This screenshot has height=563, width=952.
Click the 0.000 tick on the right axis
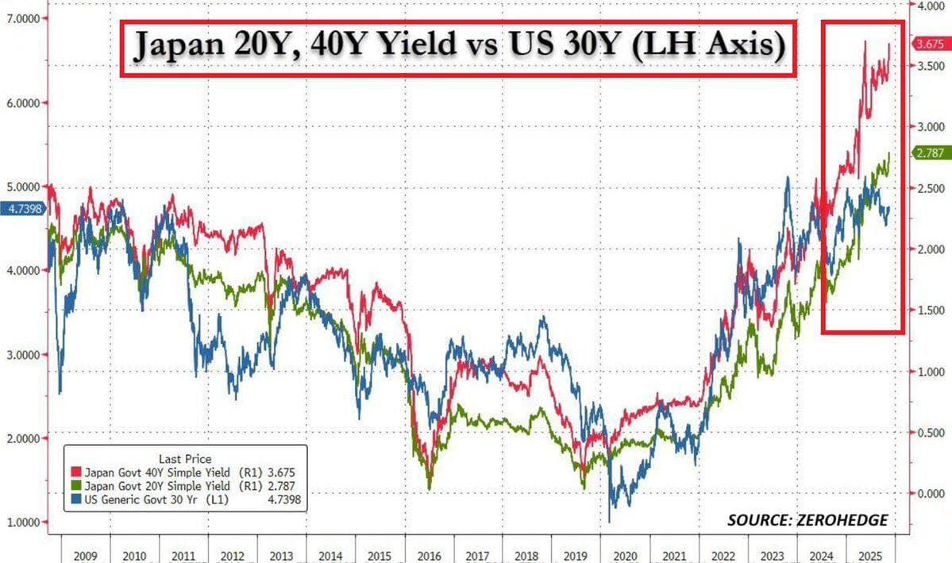(x=926, y=494)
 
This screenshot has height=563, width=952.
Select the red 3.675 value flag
(x=927, y=44)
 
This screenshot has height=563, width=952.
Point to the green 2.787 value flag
(x=927, y=153)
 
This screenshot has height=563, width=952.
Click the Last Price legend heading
(x=184, y=458)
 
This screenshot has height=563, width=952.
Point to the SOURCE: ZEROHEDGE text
(x=807, y=520)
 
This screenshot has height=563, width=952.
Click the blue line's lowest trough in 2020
(x=610, y=521)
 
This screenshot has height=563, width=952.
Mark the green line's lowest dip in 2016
(x=430, y=488)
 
